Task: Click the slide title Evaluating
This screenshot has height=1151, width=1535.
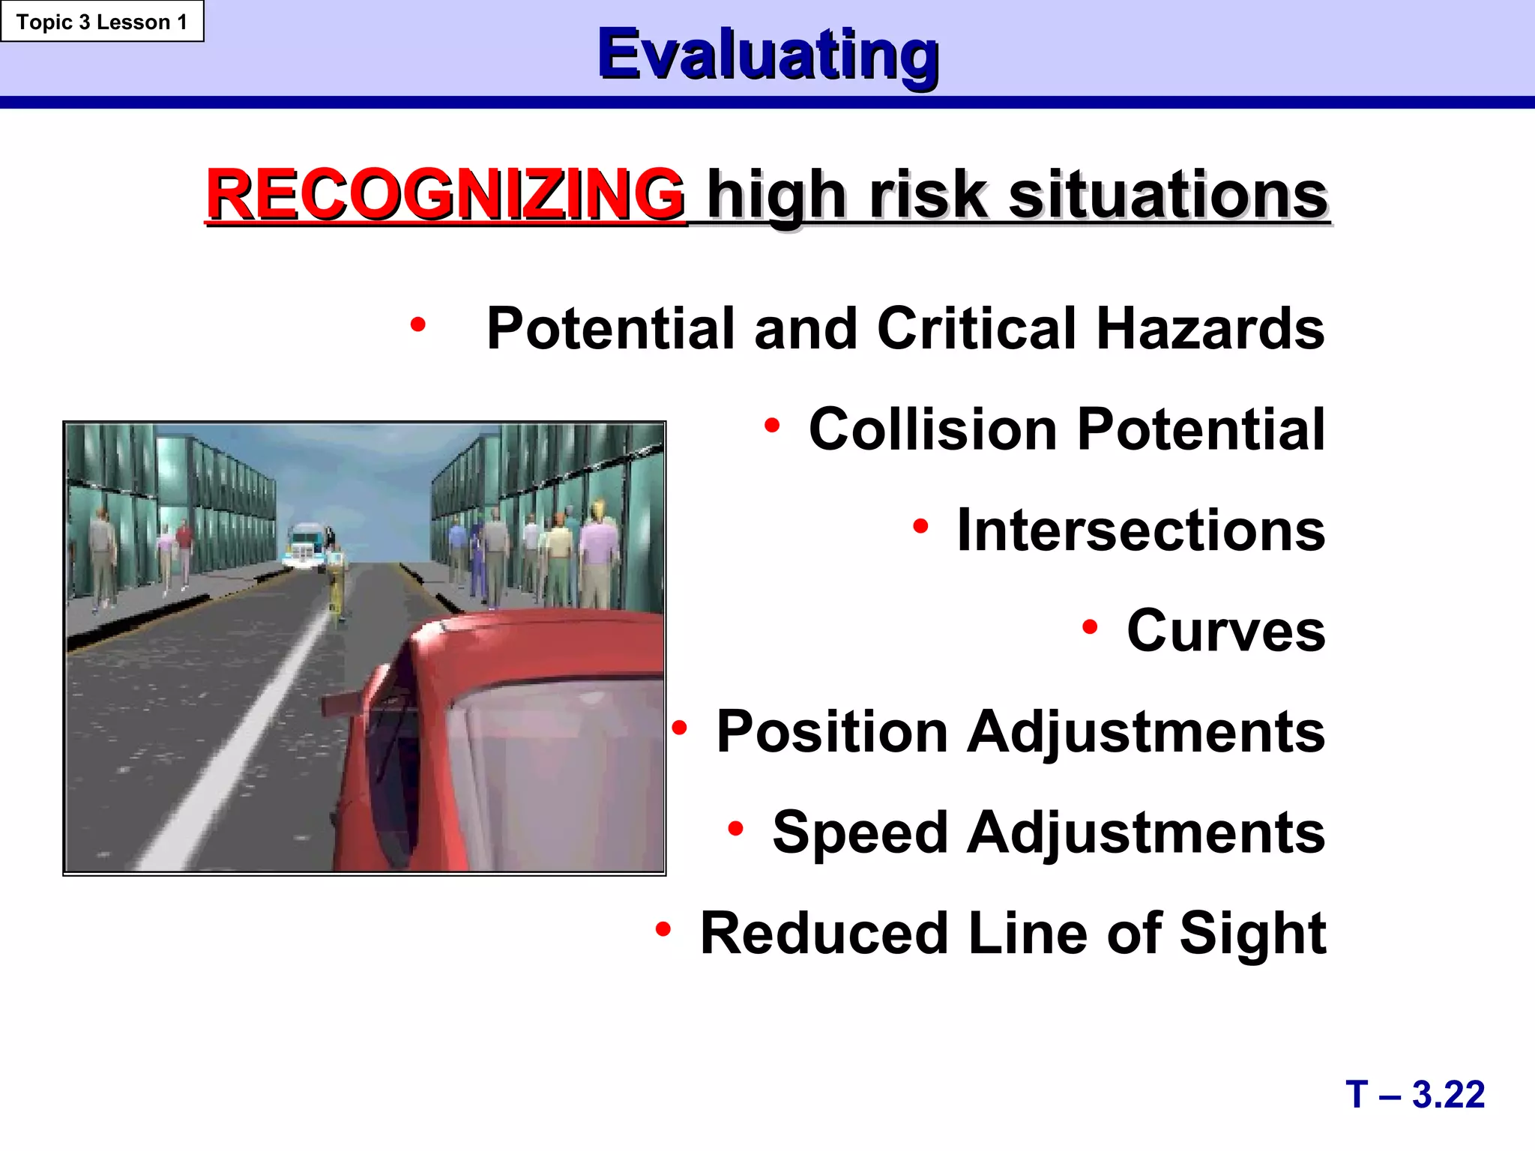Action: tap(767, 54)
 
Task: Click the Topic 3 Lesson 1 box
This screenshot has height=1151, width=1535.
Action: tap(102, 22)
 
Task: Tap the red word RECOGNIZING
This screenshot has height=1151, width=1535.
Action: tap(445, 195)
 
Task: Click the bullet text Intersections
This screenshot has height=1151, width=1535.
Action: tap(1141, 530)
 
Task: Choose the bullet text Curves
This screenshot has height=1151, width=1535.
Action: tap(1225, 630)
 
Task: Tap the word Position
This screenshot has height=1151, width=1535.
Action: tap(832, 732)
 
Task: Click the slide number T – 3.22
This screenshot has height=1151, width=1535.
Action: tap(1414, 1094)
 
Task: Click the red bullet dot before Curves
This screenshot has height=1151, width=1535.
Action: tap(1090, 626)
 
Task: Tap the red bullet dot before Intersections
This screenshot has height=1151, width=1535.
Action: tap(920, 526)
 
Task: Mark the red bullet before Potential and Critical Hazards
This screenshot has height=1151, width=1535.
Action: tap(417, 324)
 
